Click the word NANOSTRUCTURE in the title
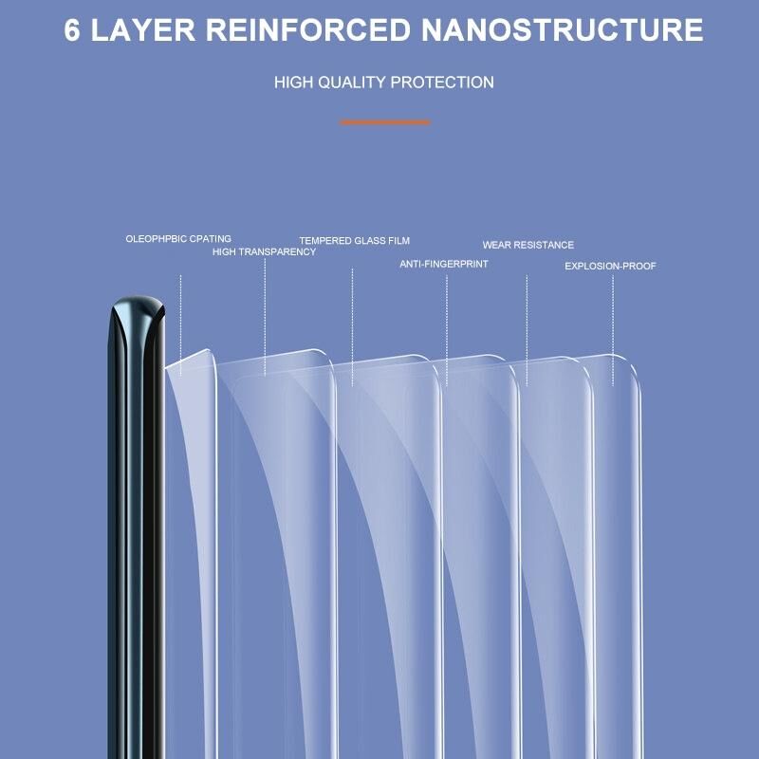562,29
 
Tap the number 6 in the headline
73,29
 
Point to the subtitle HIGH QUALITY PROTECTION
383,83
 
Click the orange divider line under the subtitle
384,121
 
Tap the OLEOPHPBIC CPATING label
178,239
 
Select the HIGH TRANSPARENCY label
264,252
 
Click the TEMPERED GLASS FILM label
355,241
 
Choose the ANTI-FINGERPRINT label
444,264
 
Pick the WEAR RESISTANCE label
528,245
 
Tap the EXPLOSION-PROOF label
610,266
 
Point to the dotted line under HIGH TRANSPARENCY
265,318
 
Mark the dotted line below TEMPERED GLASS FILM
352,323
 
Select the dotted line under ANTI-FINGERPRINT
446,327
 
